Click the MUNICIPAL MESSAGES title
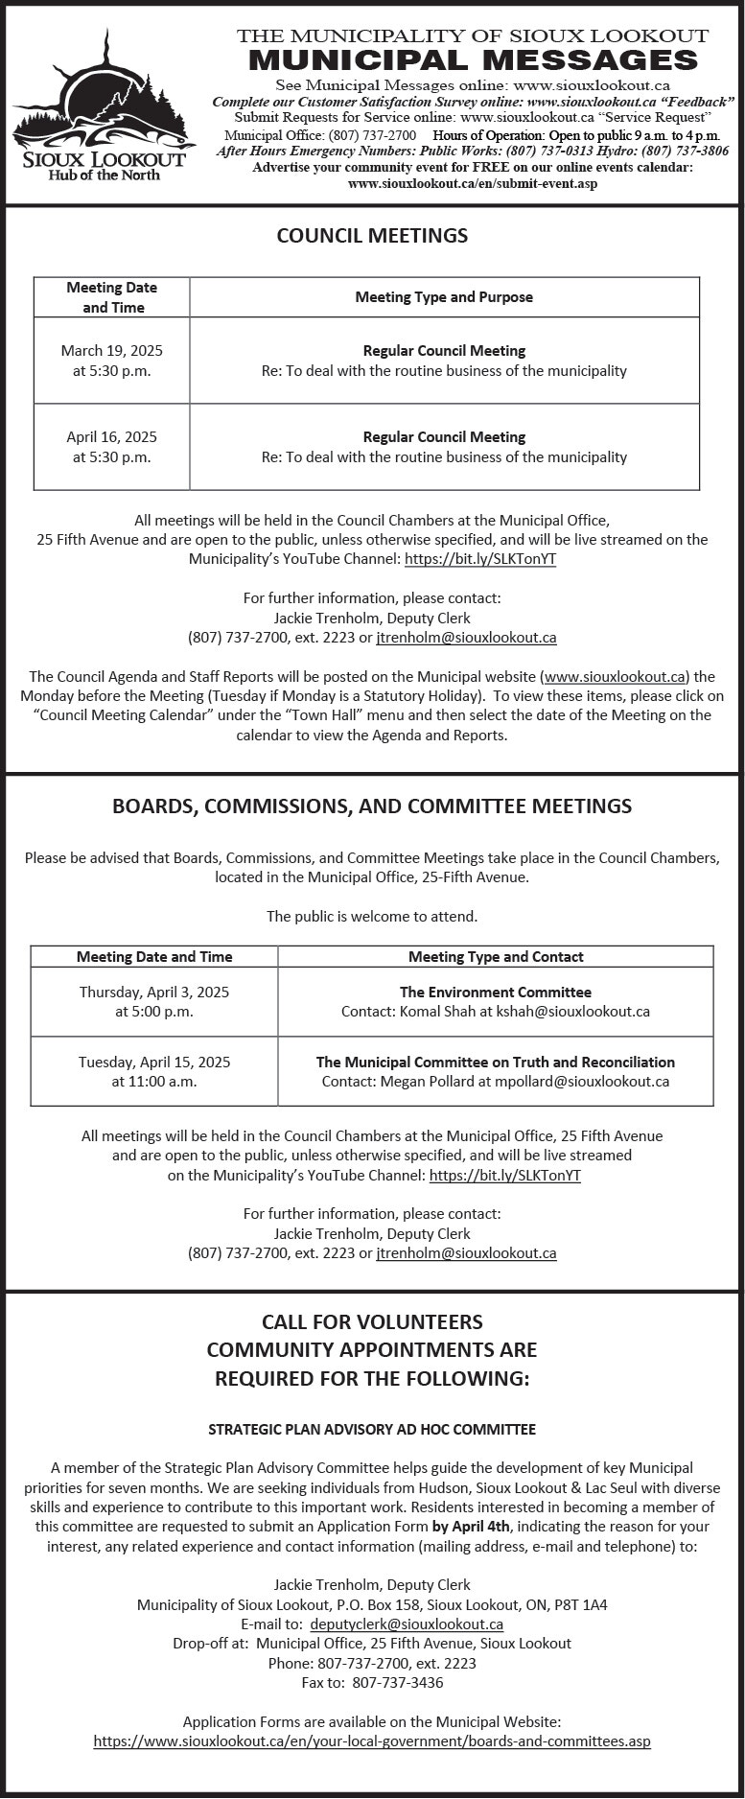473,60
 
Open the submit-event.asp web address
473,183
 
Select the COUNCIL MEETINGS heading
372,236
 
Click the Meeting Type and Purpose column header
444,297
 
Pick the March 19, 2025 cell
111,361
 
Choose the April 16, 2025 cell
111,447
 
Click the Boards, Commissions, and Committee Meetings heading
372,806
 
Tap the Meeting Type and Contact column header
496,956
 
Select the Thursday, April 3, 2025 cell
154,1001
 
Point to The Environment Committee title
496,993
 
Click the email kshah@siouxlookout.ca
572,1012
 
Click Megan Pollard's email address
582,1082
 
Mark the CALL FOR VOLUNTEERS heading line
372,1321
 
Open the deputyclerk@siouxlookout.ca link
407,1624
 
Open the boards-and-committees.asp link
372,1741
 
